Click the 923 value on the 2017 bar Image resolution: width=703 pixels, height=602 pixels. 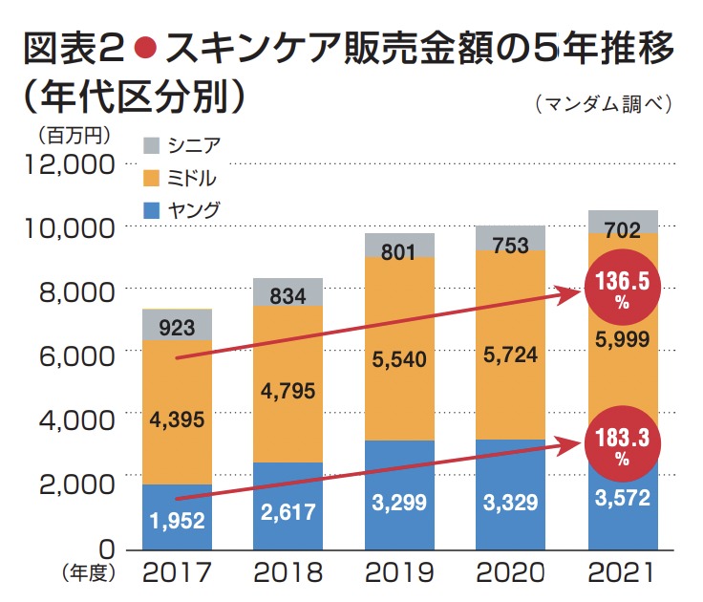[177, 326]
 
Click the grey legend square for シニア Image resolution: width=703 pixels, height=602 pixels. [151, 145]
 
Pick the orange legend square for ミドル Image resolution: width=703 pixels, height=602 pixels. [151, 178]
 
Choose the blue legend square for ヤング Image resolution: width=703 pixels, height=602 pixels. [151, 210]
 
